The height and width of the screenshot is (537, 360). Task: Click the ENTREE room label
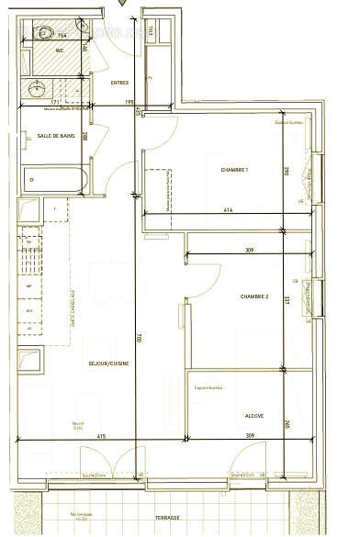pyautogui.click(x=119, y=83)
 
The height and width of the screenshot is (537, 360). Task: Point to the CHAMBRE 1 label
pyautogui.click(x=235, y=171)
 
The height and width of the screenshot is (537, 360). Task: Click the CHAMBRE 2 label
pyautogui.click(x=253, y=296)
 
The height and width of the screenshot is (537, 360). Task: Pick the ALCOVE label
pyautogui.click(x=254, y=416)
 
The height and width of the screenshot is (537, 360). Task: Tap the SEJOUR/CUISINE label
pyautogui.click(x=107, y=364)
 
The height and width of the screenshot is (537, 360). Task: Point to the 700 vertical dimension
pyautogui.click(x=139, y=338)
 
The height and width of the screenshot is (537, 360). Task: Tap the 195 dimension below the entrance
pyautogui.click(x=129, y=102)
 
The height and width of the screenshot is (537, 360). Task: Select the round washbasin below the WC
pyautogui.click(x=38, y=89)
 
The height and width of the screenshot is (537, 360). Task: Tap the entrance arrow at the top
pyautogui.click(x=120, y=5)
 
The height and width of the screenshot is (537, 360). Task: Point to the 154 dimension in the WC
pyautogui.click(x=62, y=35)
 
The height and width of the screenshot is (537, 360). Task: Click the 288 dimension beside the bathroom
pyautogui.click(x=85, y=137)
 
